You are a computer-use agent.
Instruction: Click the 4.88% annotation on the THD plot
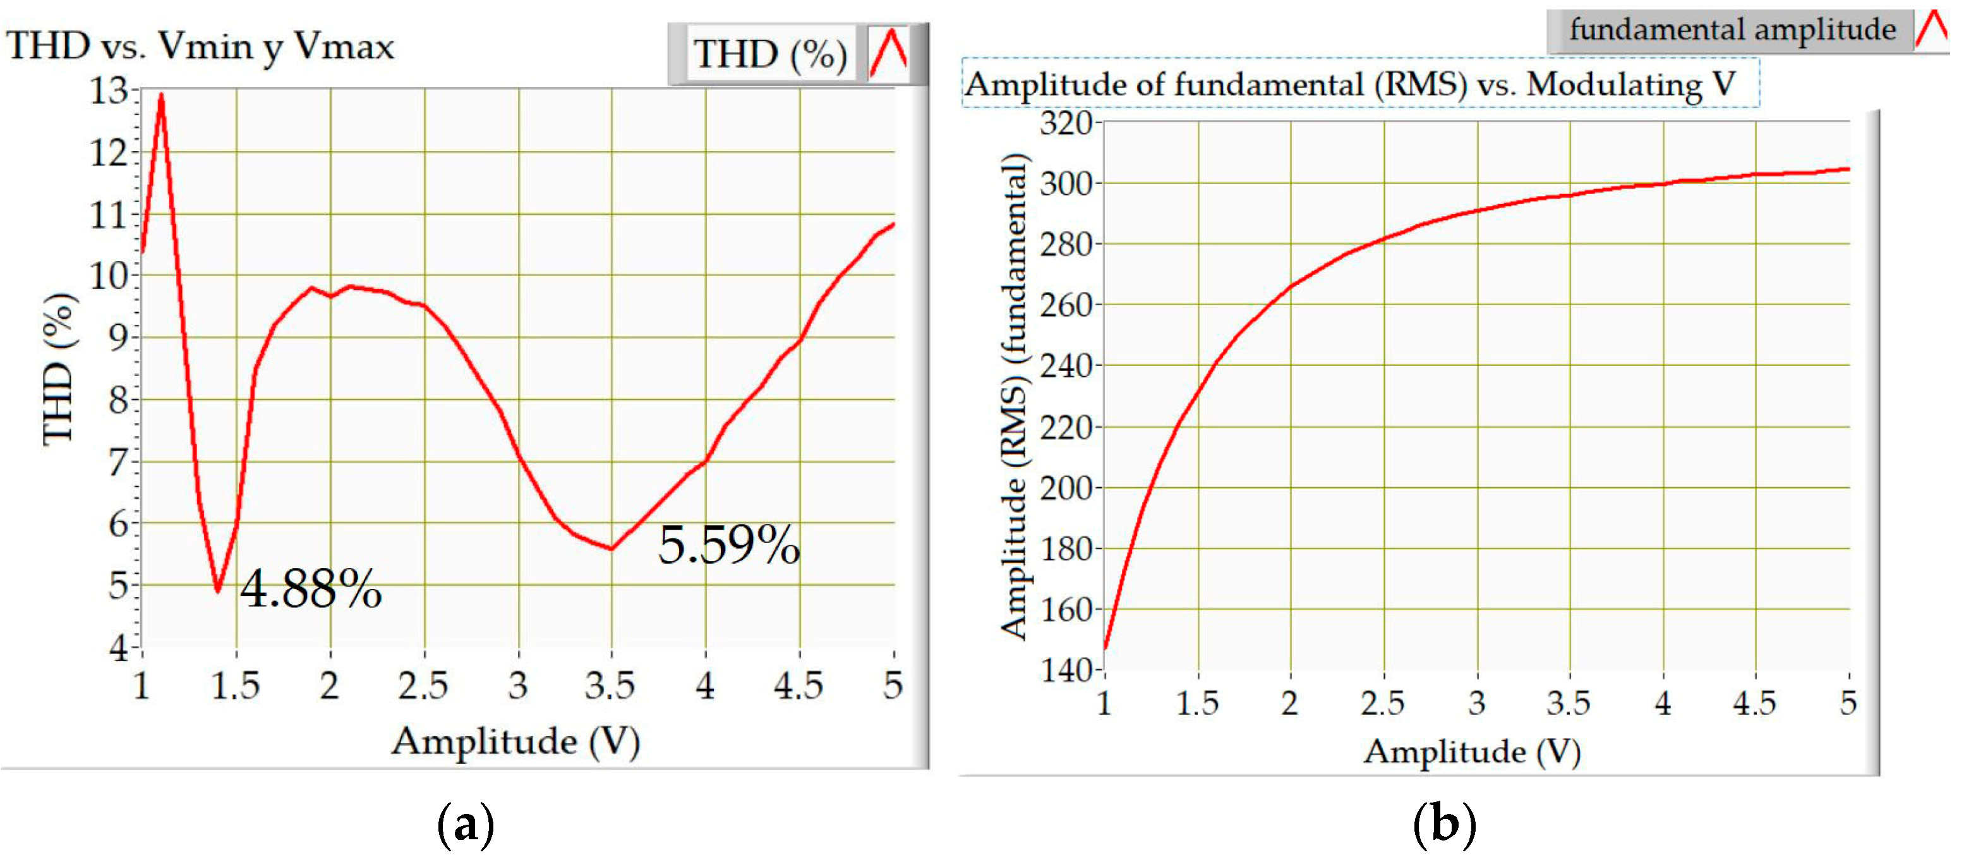pyautogui.click(x=311, y=590)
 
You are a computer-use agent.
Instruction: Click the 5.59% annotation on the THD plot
pyautogui.click(x=729, y=545)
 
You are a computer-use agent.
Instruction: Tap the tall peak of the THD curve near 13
pyautogui.click(x=161, y=97)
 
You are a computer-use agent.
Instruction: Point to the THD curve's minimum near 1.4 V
pyautogui.click(x=218, y=589)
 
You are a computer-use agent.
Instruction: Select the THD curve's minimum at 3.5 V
pyautogui.click(x=611, y=549)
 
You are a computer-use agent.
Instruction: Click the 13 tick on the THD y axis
pyautogui.click(x=110, y=92)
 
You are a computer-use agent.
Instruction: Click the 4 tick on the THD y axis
pyautogui.click(x=119, y=648)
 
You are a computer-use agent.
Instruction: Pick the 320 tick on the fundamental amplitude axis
pyautogui.click(x=1066, y=123)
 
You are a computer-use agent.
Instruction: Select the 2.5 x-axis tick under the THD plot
pyautogui.click(x=423, y=686)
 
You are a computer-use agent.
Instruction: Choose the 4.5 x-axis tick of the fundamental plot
pyautogui.click(x=1754, y=703)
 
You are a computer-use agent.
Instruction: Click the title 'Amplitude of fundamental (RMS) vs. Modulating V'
pyautogui.click(x=1350, y=84)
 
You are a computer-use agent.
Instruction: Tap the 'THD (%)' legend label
pyautogui.click(x=769, y=55)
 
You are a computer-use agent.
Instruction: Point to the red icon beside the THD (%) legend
pyautogui.click(x=888, y=53)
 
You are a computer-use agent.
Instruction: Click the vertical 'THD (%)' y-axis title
pyautogui.click(x=58, y=368)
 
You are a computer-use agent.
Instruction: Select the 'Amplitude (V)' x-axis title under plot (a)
pyautogui.click(x=515, y=741)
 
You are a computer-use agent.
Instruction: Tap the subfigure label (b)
pyautogui.click(x=1444, y=825)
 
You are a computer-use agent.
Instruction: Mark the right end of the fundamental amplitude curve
pyautogui.click(x=1848, y=169)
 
